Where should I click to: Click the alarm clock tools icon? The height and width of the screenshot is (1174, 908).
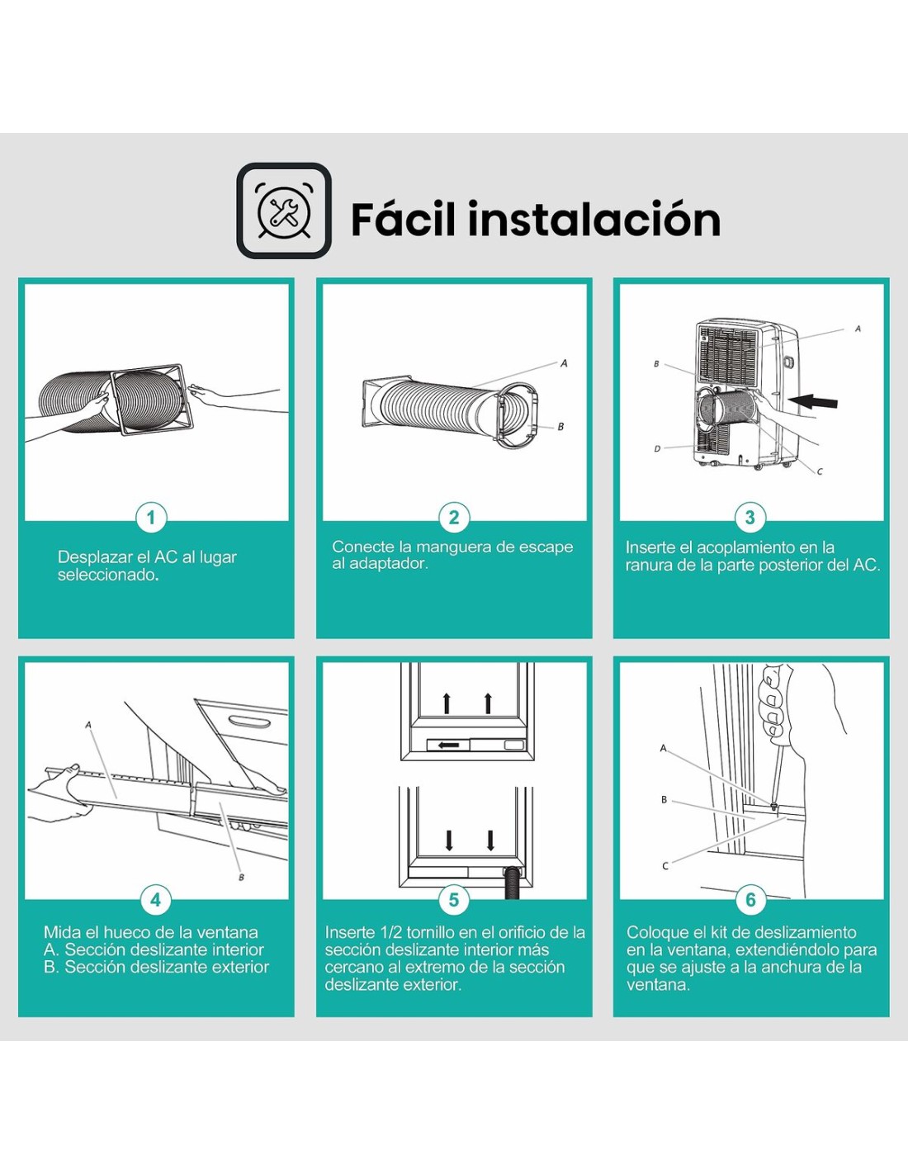[x=284, y=211]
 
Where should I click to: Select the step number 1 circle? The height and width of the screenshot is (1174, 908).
[x=151, y=518]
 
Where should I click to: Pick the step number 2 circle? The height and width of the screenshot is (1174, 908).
[x=454, y=518]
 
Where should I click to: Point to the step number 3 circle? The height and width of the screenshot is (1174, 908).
[x=750, y=518]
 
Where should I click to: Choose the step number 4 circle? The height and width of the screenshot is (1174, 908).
[x=155, y=900]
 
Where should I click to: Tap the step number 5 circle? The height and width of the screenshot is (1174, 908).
[x=454, y=900]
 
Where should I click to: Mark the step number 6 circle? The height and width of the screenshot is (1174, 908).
[x=750, y=900]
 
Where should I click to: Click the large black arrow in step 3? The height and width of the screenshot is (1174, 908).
[x=812, y=401]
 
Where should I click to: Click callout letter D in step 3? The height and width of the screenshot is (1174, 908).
[x=657, y=448]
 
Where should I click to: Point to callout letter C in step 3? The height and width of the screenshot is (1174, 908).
[x=820, y=471]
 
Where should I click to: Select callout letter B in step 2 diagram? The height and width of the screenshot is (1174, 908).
[x=560, y=426]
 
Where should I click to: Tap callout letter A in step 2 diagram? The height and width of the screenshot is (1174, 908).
[x=564, y=363]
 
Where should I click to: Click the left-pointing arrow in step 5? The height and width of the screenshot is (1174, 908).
[x=448, y=745]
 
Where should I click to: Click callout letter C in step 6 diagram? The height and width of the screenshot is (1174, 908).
[x=665, y=866]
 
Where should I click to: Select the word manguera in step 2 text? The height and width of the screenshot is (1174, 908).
[x=447, y=547]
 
